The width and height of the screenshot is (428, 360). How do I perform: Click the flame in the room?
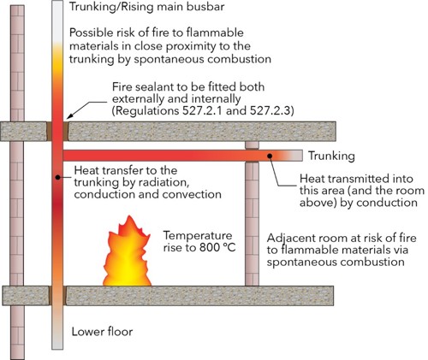127,254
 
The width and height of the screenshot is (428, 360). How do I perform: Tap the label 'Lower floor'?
102,332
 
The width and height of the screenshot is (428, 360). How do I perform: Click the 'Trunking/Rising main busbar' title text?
147,7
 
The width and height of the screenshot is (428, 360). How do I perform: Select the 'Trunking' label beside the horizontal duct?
331,156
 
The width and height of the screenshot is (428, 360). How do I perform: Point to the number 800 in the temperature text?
210,247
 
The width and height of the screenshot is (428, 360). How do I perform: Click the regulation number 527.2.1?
203,110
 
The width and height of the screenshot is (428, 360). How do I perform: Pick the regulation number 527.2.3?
270,110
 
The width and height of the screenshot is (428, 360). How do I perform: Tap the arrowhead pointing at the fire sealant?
69,115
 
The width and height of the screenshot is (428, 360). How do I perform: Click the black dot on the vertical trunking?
57,177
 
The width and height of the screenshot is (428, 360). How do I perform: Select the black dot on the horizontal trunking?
270,156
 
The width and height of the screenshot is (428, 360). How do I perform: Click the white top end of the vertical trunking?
57,20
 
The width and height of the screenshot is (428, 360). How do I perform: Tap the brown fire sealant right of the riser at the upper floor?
66,132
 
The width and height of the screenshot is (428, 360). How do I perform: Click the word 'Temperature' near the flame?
198,236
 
